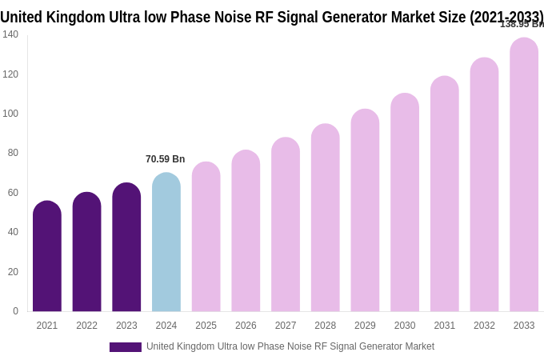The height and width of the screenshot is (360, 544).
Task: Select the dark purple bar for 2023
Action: pos(126,247)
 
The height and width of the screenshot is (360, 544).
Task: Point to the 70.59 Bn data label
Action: pos(165,159)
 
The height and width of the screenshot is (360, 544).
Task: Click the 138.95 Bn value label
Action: pos(521,24)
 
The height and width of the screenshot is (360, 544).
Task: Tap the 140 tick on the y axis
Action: pos(10,34)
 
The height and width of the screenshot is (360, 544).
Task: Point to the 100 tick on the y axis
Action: pos(10,114)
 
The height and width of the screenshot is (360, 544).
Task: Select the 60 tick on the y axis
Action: pos(13,193)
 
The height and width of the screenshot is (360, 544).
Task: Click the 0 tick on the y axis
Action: pos(15,311)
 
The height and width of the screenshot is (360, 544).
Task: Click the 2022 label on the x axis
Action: pos(86,326)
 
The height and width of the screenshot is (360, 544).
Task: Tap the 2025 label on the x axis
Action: pos(206,326)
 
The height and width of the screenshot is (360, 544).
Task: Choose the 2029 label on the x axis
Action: pos(365,326)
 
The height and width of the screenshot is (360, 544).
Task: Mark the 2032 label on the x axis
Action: pos(484,326)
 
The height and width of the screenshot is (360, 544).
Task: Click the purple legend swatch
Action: pos(125,347)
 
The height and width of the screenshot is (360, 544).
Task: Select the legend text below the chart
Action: pos(290,346)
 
